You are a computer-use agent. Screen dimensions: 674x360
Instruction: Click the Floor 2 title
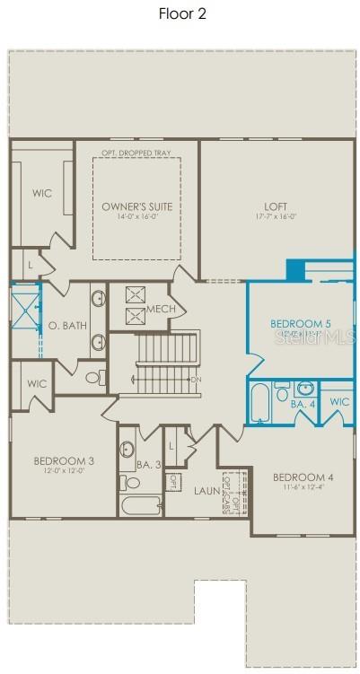182,13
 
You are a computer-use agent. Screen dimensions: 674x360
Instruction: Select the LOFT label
276,206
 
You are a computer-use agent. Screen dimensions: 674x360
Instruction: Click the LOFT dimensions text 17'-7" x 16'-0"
276,216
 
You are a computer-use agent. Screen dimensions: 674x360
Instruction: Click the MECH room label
161,310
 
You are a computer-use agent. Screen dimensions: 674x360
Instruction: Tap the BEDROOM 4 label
303,477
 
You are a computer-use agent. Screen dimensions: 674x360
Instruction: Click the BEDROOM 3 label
64,461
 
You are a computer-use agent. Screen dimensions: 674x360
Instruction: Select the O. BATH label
67,325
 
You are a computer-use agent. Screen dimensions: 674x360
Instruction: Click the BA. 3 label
149,464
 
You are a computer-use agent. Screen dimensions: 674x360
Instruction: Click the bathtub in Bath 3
140,507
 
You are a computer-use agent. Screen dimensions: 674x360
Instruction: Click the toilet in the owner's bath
93,378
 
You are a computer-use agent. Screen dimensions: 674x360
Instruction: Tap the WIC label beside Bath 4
338,401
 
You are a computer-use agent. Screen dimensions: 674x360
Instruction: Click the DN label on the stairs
196,380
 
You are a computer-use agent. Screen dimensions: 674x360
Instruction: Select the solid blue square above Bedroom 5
295,269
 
